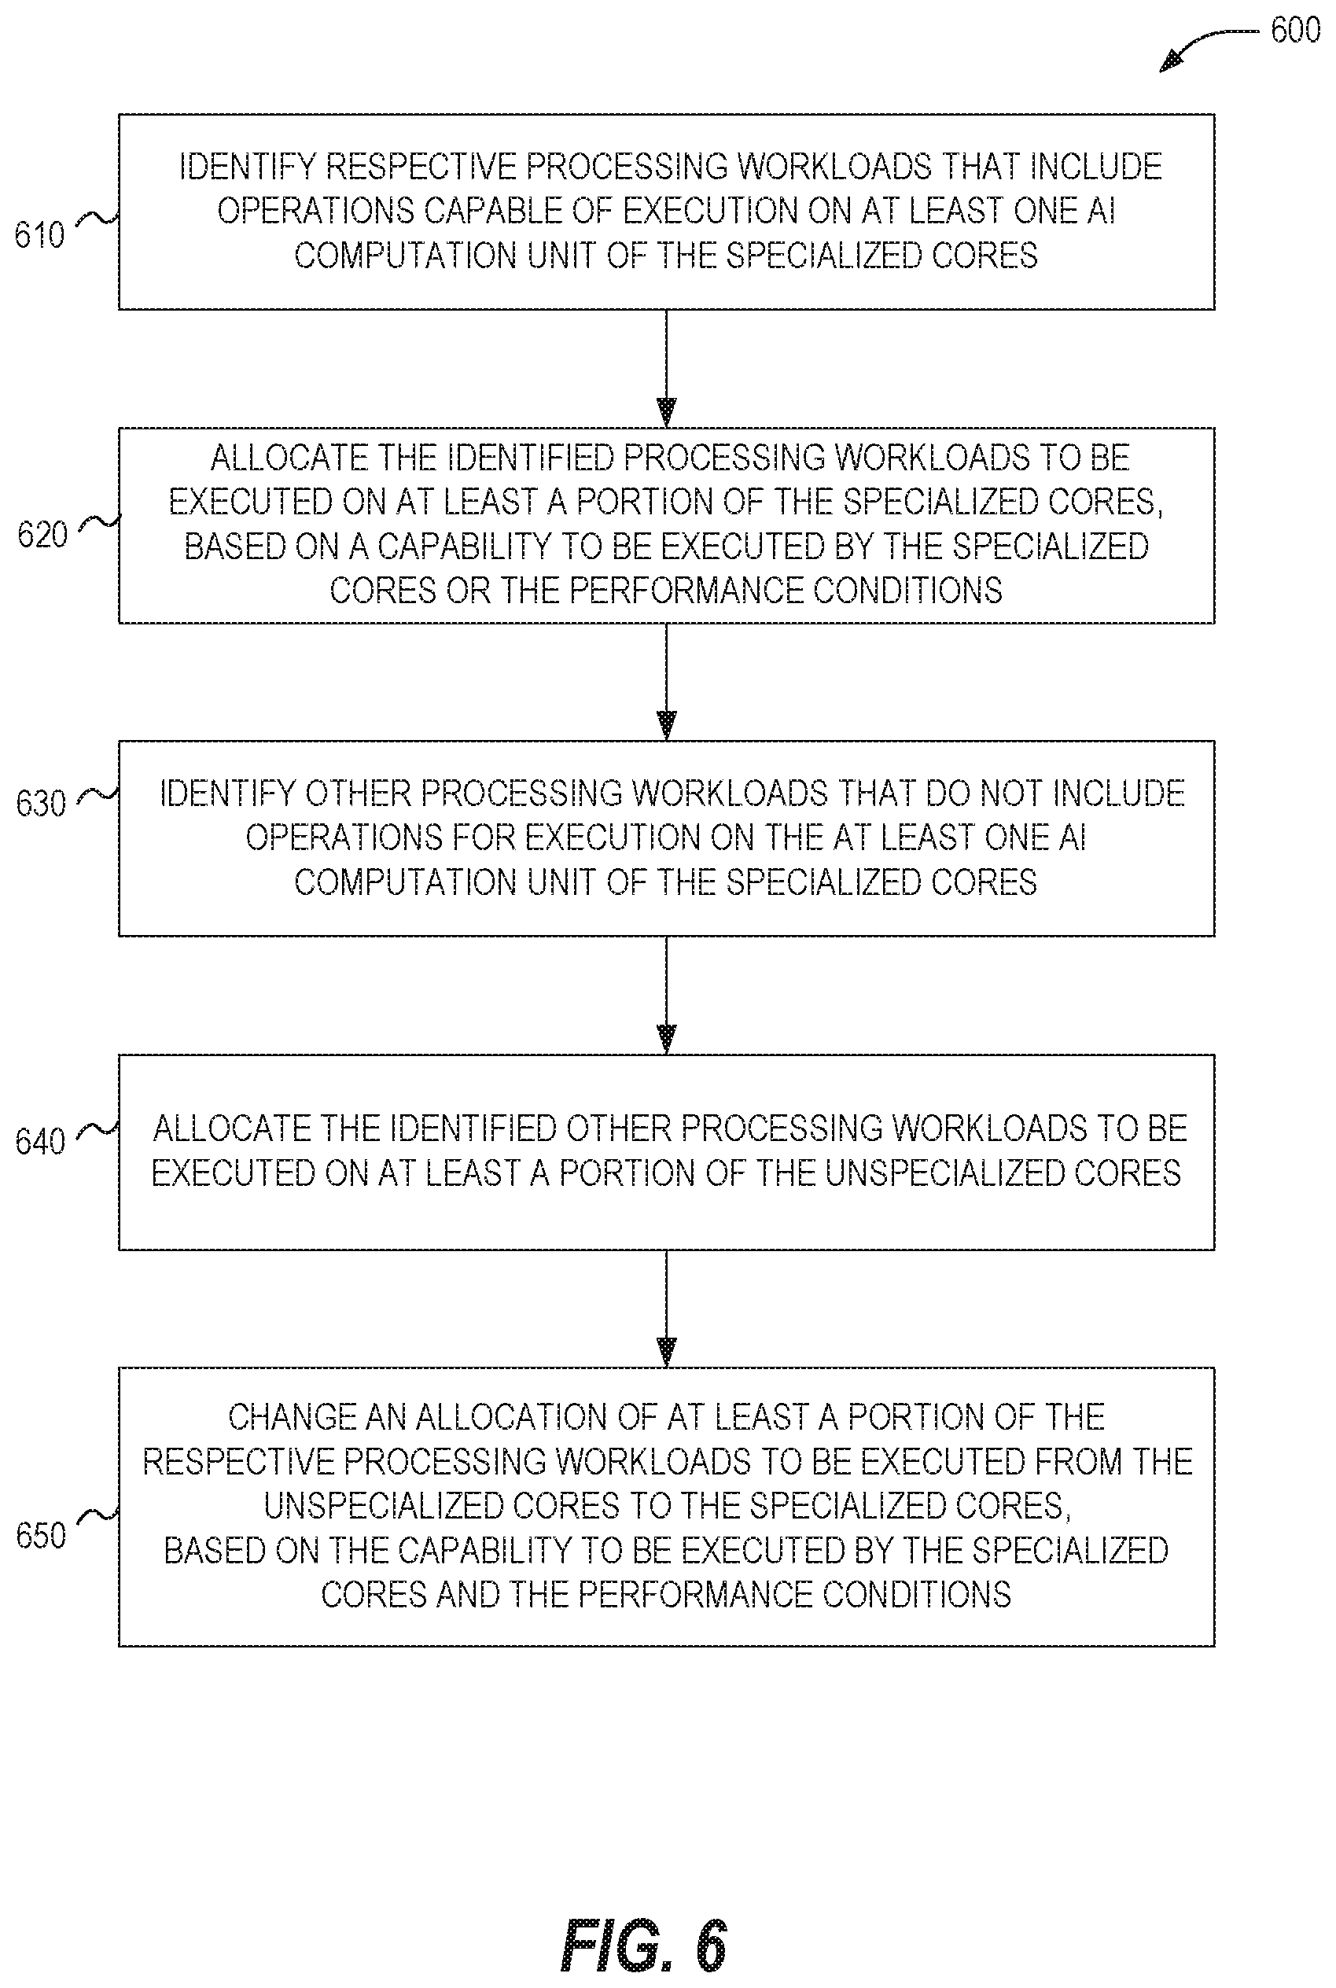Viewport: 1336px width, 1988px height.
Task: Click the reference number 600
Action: click(x=1294, y=31)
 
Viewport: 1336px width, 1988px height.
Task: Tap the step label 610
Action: click(x=39, y=235)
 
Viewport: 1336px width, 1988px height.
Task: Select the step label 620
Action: click(x=42, y=535)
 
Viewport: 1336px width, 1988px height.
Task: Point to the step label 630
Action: click(x=41, y=804)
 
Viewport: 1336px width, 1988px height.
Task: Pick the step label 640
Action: click(x=40, y=1141)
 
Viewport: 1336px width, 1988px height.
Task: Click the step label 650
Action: click(x=41, y=1536)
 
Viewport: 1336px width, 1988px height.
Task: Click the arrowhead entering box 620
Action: click(x=666, y=412)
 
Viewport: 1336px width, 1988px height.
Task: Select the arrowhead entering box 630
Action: click(x=666, y=725)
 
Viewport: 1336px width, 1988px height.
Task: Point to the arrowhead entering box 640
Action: click(x=666, y=1040)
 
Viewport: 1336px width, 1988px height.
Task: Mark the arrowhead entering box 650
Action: click(x=666, y=1353)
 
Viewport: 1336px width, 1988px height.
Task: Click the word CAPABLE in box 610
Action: click(x=493, y=211)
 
